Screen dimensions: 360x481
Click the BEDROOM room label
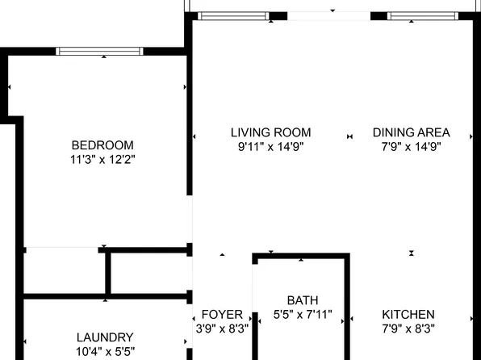tap(102, 145)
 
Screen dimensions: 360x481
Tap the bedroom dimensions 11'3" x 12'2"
tap(102, 160)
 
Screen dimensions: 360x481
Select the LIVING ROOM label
tap(270, 132)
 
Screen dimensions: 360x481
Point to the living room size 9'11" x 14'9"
tap(270, 147)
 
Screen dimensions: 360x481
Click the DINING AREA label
tap(411, 132)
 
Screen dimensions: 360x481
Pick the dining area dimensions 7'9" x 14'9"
tap(411, 147)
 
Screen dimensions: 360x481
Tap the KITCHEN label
tap(408, 314)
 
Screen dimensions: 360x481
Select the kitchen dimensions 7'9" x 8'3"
tap(408, 329)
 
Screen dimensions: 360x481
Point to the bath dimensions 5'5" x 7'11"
tap(303, 314)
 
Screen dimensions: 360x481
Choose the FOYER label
tap(222, 314)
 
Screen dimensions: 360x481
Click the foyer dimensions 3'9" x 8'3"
tap(222, 329)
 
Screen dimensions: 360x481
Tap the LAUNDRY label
tap(105, 337)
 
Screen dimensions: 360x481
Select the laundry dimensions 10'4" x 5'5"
tap(105, 351)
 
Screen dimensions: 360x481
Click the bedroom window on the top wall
tap(99, 51)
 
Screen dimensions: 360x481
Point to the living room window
tap(234, 15)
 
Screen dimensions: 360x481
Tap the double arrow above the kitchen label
tap(411, 253)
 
